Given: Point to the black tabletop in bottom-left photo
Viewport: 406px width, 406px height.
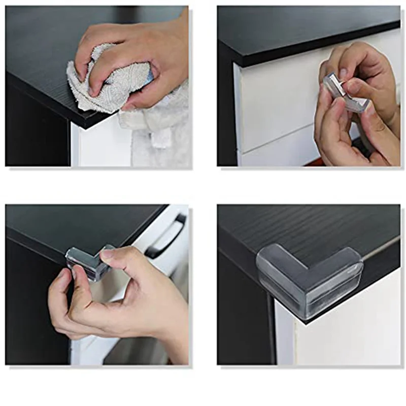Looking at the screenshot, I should pyautogui.click(x=76, y=223).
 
